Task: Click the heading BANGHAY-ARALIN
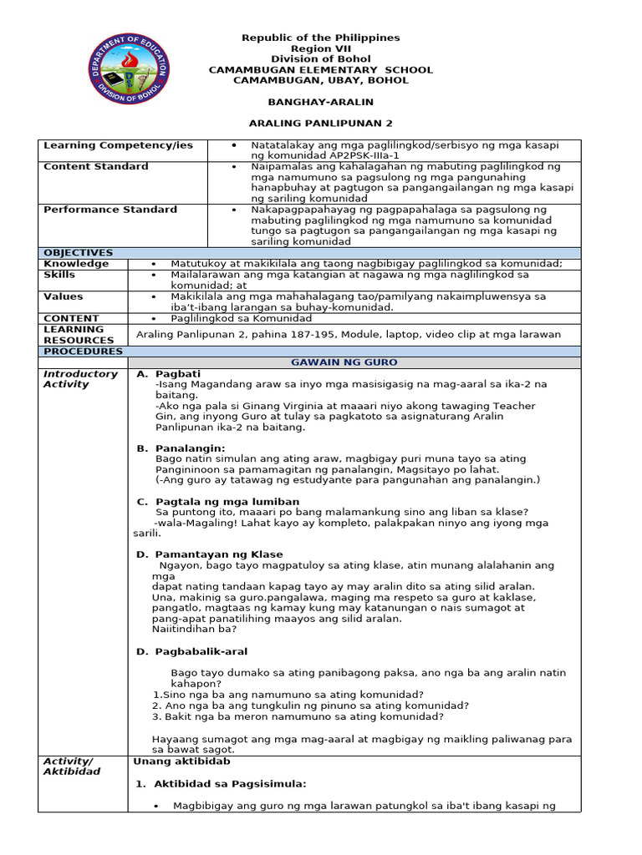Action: coord(320,101)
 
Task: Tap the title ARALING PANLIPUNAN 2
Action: coord(320,123)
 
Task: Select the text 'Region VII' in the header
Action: coord(320,48)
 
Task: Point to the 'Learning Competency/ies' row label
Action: coord(118,145)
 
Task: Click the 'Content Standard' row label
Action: coord(96,167)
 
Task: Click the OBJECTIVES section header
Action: coord(78,253)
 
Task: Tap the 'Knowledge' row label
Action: coord(76,264)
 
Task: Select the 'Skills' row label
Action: coord(59,275)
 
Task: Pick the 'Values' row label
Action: coord(63,296)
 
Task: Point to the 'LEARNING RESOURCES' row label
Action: coord(79,335)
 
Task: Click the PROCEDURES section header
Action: coord(82,352)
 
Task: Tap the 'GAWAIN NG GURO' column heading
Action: coord(344,362)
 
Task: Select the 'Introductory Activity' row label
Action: coord(80,379)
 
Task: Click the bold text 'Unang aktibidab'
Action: coord(181,761)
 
